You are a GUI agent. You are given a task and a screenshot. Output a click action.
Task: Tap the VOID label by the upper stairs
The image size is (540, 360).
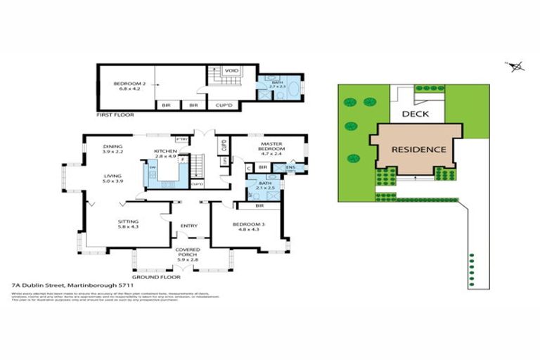click(x=231, y=71)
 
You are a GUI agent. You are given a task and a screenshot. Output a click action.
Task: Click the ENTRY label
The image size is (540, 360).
click(x=188, y=226)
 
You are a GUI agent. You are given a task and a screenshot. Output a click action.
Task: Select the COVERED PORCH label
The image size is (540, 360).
click(x=188, y=252)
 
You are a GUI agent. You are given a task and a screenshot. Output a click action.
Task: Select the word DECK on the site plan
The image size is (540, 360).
click(x=416, y=113)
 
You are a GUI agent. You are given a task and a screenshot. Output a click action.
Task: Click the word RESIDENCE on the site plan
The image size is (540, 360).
click(x=418, y=149)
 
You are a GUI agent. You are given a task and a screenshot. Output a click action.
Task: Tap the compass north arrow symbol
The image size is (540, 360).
click(x=517, y=67)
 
